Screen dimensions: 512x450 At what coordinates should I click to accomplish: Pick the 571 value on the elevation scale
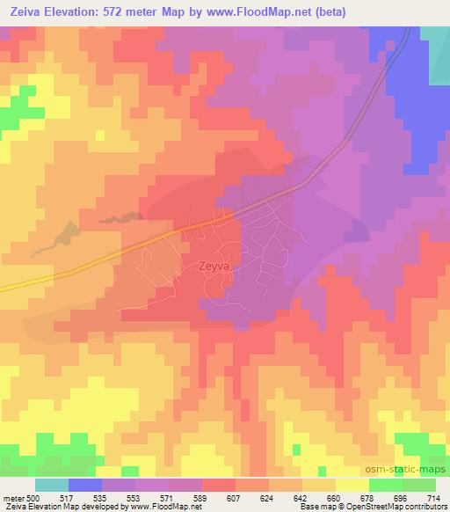click(x=168, y=495)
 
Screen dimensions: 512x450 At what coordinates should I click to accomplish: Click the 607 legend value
click(x=232, y=495)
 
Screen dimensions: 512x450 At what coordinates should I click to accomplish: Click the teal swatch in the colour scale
click(x=51, y=484)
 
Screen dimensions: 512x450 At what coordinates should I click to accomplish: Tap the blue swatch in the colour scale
click(x=84, y=484)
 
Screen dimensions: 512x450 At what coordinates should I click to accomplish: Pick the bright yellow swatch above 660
click(x=352, y=484)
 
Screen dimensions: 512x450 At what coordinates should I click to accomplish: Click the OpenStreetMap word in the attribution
click(x=378, y=506)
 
